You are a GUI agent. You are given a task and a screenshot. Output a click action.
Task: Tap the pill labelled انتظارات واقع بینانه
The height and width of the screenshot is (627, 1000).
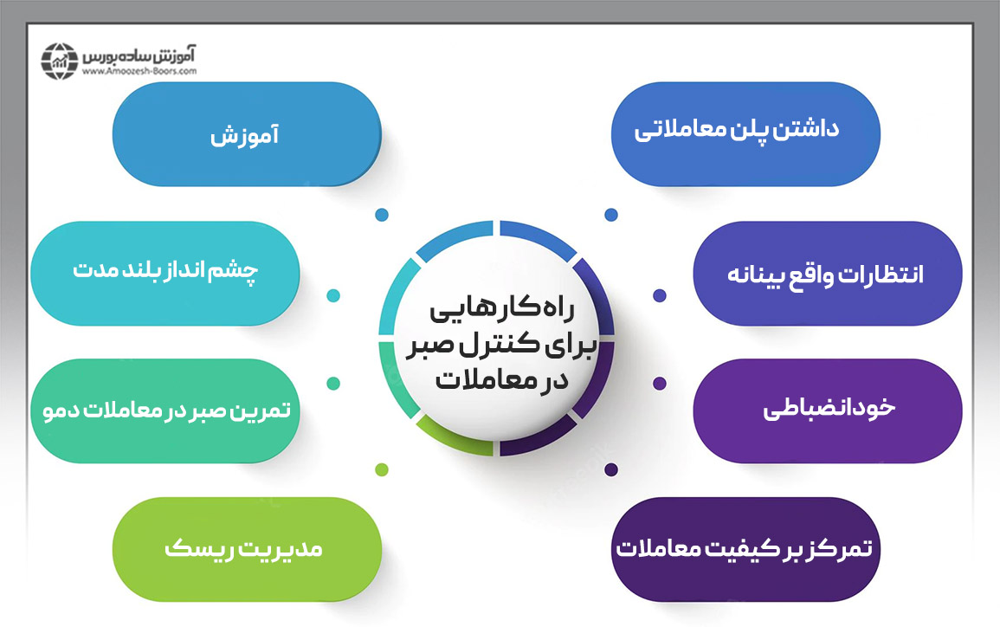click(x=827, y=274)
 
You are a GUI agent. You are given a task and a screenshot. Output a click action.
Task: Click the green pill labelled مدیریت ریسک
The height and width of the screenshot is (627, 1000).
click(x=247, y=548)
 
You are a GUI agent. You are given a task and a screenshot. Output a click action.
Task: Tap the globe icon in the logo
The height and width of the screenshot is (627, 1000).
click(x=59, y=60)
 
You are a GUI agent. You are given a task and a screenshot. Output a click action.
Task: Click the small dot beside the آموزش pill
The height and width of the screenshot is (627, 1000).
click(x=381, y=214)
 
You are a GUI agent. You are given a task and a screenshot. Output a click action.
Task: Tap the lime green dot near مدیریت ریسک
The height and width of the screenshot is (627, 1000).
click(x=382, y=469)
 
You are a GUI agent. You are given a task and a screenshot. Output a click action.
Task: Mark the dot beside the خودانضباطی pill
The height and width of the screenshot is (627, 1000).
click(x=660, y=383)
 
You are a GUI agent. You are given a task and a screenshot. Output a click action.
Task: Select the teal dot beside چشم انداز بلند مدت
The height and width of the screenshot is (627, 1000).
click(x=333, y=295)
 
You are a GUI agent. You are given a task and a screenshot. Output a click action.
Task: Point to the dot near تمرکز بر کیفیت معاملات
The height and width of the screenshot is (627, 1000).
click(x=611, y=469)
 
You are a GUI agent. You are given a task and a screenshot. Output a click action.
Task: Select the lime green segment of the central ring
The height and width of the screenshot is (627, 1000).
click(x=443, y=434)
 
